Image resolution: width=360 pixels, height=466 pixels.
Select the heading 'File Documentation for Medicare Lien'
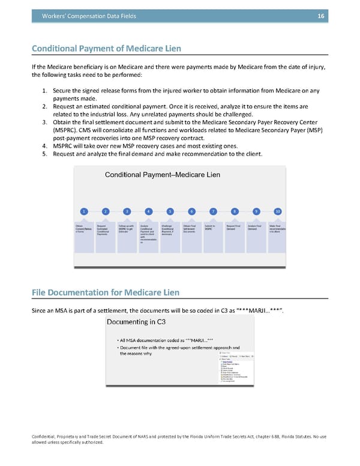click(105, 292)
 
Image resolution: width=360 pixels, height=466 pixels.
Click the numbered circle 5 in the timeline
click(170, 211)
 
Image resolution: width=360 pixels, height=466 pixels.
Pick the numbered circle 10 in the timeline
click(278, 211)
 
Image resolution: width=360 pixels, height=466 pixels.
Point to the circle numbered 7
click(213, 211)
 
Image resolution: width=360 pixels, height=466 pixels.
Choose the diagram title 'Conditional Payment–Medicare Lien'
click(163, 175)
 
